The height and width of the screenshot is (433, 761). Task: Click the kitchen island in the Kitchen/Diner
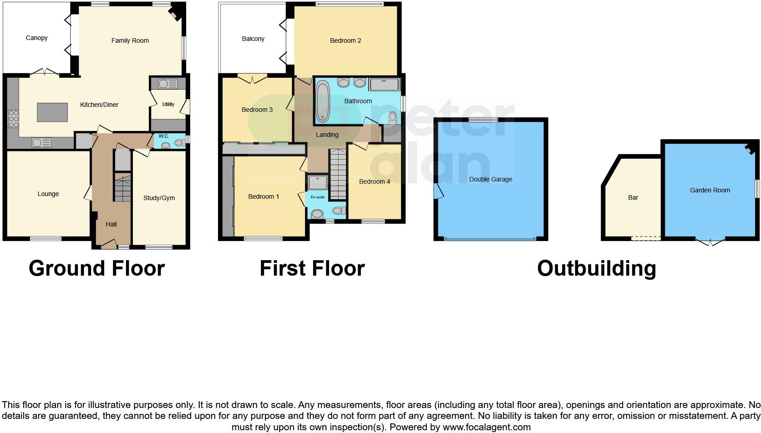[52, 112]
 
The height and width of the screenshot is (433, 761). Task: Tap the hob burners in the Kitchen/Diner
[13, 119]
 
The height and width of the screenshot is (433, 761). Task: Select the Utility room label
[168, 104]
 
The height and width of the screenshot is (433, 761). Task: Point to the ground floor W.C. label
[164, 136]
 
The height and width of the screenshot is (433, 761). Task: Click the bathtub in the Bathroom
[322, 101]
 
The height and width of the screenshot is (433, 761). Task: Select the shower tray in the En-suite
[317, 183]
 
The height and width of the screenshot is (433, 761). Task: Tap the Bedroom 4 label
[374, 181]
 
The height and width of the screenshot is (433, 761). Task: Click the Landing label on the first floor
[327, 135]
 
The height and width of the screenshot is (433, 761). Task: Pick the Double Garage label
[490, 179]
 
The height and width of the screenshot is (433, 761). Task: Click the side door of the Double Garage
[438, 191]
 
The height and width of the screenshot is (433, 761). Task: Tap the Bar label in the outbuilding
[633, 197]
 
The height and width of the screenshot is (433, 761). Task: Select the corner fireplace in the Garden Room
[749, 148]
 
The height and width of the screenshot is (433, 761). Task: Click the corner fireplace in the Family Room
[174, 14]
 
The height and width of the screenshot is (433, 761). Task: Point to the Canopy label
[36, 38]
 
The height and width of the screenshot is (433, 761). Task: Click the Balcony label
[253, 39]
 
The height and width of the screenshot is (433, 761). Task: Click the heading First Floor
[312, 268]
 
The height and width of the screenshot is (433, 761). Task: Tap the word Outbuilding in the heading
[596, 268]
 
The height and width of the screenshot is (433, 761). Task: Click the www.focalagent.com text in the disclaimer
[487, 427]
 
